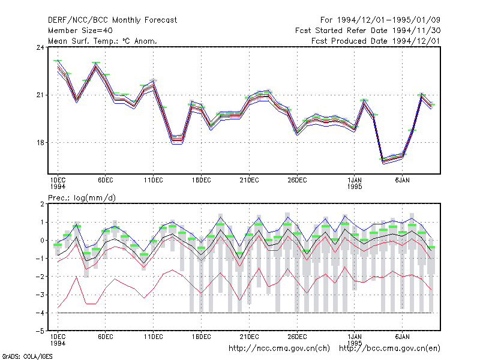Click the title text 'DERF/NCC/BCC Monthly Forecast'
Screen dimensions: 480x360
(x=112, y=20)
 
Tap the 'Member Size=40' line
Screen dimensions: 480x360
(x=80, y=31)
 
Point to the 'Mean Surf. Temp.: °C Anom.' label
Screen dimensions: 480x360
(x=103, y=41)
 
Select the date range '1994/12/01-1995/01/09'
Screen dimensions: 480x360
(x=388, y=20)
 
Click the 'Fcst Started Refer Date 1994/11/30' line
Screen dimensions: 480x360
(x=368, y=31)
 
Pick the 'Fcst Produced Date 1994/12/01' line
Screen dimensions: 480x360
(x=376, y=41)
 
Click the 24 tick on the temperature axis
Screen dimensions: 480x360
(x=40, y=47)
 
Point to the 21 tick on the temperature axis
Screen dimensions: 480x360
(x=40, y=95)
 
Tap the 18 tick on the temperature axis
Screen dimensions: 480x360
(x=40, y=143)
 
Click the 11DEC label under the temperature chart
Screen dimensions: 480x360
(x=154, y=181)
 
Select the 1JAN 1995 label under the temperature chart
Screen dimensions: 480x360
(x=355, y=184)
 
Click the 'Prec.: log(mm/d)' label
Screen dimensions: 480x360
(x=82, y=198)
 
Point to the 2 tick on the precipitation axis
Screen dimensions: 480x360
(x=42, y=204)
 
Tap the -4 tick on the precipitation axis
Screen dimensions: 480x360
(x=40, y=313)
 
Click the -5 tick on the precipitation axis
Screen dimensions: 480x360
(x=40, y=331)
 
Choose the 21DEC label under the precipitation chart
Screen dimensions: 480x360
(x=249, y=337)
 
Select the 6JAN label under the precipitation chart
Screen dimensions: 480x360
(x=402, y=337)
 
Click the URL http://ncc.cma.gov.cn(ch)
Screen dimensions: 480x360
(x=279, y=349)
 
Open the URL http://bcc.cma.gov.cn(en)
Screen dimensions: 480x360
(x=389, y=349)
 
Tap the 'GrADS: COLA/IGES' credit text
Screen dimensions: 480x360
(x=27, y=356)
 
